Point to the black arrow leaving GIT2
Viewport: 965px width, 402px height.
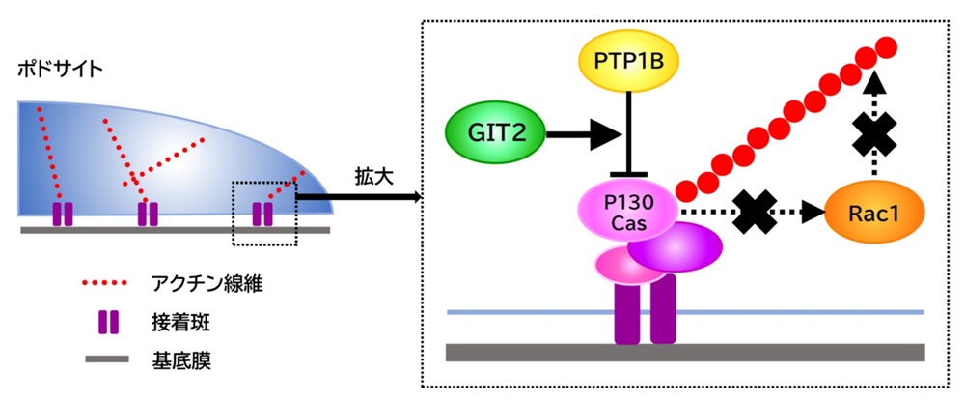click(x=579, y=135)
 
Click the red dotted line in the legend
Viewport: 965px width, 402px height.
click(x=107, y=284)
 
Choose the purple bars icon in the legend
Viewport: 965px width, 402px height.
click(x=107, y=322)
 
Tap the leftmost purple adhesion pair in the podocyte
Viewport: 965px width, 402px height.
click(x=63, y=213)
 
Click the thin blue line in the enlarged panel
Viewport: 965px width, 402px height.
click(x=685, y=312)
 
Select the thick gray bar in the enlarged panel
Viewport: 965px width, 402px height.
click(x=685, y=351)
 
